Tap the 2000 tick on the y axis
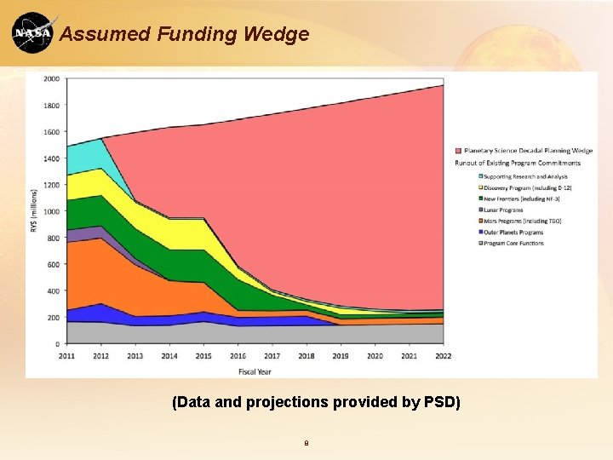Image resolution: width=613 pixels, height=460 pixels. [51, 79]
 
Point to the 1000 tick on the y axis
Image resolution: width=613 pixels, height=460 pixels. [51, 211]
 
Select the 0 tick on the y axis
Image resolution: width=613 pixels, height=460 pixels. [56, 344]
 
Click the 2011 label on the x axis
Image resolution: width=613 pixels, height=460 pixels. [67, 355]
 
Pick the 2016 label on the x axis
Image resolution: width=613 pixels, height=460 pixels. [238, 355]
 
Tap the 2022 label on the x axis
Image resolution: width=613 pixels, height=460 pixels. [443, 355]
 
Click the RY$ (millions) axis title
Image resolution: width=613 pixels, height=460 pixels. [35, 211]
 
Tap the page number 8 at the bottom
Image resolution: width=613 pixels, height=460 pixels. [306, 443]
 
